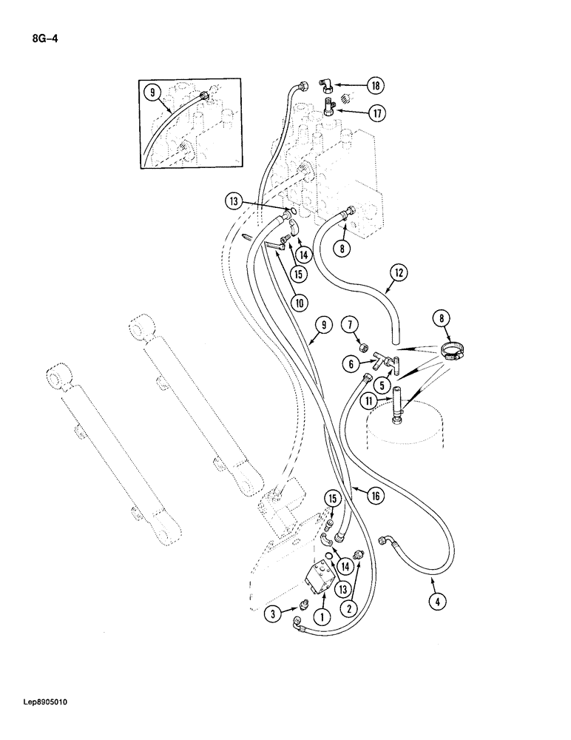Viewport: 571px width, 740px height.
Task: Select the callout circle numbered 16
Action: pos(374,496)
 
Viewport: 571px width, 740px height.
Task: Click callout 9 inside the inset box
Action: pos(152,93)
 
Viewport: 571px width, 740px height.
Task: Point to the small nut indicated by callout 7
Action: pos(364,346)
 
